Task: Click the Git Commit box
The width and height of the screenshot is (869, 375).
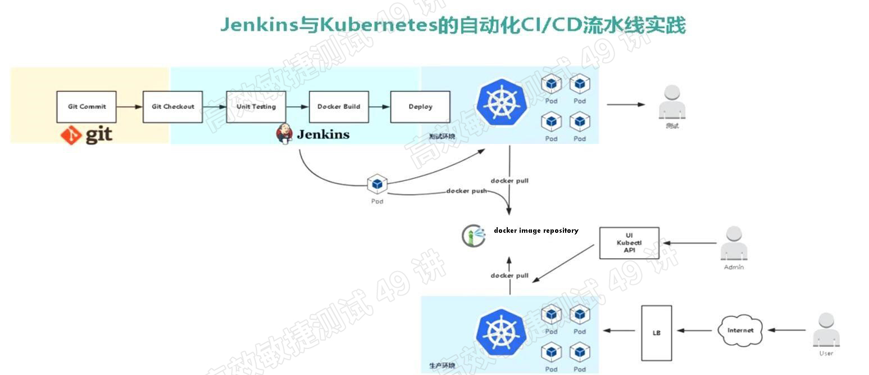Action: (x=87, y=107)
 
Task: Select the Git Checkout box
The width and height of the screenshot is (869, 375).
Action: (x=172, y=107)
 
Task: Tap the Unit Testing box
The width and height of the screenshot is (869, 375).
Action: (x=256, y=107)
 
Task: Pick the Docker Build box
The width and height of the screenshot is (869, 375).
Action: (x=339, y=107)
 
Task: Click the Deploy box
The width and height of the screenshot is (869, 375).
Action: (x=420, y=107)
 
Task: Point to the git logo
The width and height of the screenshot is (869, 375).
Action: (x=87, y=135)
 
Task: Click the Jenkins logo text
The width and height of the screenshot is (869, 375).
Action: (x=322, y=134)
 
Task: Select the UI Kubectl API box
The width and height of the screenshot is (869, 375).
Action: (x=629, y=243)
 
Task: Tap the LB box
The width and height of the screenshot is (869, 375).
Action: (x=656, y=333)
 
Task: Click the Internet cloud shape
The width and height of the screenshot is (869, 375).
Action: (x=740, y=331)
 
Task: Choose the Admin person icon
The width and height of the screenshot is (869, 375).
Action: (x=734, y=244)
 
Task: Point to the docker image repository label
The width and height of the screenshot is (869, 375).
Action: (x=536, y=231)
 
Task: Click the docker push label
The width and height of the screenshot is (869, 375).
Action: (x=466, y=191)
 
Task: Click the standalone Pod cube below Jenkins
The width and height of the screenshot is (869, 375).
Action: (x=377, y=184)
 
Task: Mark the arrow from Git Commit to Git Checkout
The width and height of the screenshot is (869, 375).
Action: (x=129, y=107)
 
